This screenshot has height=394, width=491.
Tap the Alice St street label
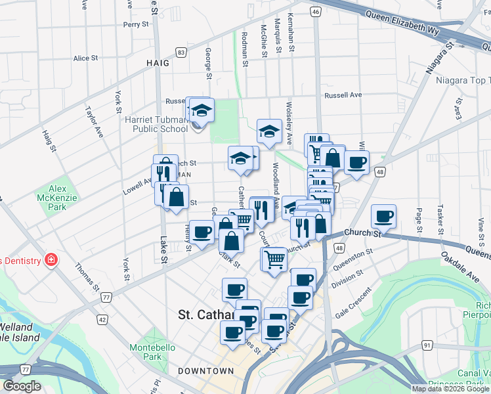point(85,58)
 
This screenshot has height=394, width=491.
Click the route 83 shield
point(181,52)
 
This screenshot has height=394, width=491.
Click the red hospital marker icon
point(51,260)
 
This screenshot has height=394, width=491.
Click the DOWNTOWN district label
point(205,371)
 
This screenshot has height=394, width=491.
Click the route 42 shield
point(102,319)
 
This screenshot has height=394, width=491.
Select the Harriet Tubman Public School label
point(156,124)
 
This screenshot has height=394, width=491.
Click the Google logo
point(22,386)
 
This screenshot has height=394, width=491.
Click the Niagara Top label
point(462,81)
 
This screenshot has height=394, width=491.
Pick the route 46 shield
point(316,12)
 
